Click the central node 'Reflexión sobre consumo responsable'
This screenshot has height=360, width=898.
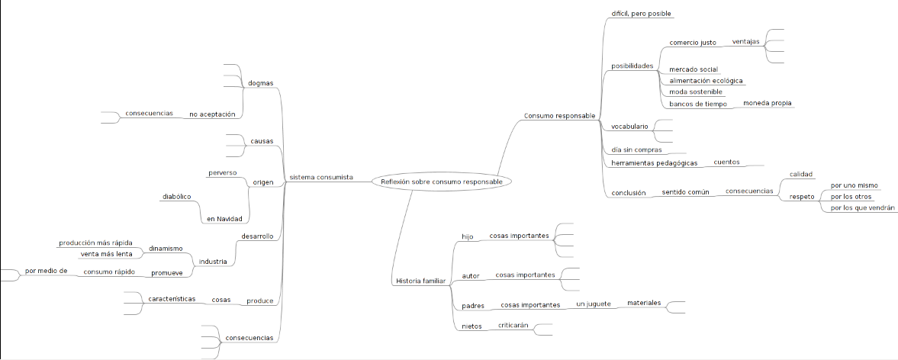(441, 182)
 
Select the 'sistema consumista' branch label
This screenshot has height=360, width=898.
(320, 178)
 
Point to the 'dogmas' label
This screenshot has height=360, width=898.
(260, 82)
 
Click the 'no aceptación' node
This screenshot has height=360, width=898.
(212, 114)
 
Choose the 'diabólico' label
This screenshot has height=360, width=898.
(176, 196)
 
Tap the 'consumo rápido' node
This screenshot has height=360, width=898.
(109, 271)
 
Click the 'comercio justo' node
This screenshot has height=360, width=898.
(692, 42)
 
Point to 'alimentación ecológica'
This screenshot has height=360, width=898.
(706, 80)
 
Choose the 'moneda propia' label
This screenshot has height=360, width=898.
(767, 103)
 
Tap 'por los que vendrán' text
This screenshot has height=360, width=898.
(863, 207)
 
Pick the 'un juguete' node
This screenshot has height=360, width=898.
(593, 304)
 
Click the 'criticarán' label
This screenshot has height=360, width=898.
(513, 325)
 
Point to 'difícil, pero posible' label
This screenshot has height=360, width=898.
(641, 14)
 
